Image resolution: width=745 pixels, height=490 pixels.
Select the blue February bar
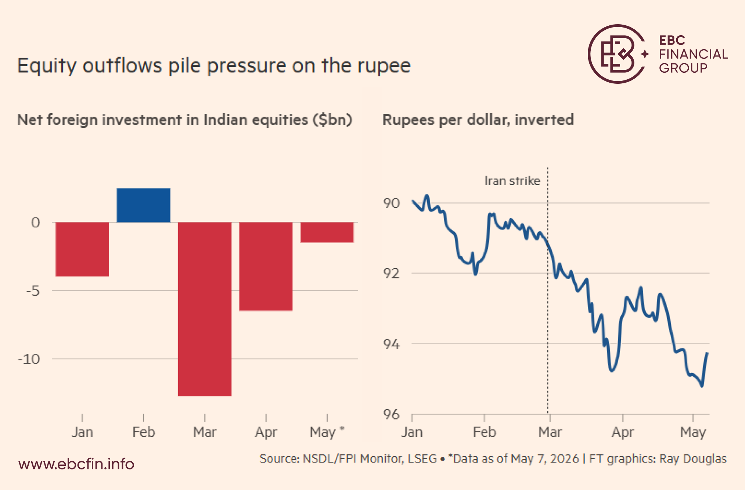[143, 205]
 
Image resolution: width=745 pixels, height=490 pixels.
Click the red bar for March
[205, 309]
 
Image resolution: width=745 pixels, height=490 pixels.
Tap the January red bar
[82, 249]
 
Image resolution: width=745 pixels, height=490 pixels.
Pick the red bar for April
[266, 266]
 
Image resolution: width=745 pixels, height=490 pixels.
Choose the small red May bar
[327, 232]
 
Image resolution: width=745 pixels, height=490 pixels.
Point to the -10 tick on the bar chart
[29, 359]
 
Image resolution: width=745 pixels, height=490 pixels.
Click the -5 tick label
[33, 291]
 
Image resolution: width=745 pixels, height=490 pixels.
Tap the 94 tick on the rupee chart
[391, 344]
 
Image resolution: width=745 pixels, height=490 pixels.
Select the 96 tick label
[391, 414]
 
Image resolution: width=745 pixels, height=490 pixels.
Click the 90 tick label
[391, 203]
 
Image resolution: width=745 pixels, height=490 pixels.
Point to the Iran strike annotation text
[512, 181]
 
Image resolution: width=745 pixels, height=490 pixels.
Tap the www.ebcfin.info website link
[76, 464]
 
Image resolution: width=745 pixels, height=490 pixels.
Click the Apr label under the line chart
[622, 432]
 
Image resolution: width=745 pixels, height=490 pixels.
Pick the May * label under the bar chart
[327, 432]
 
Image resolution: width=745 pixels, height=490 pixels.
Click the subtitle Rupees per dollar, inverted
[478, 120]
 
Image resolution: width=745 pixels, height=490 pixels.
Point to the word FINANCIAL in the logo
[693, 54]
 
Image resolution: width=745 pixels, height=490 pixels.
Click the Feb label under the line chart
[484, 432]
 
